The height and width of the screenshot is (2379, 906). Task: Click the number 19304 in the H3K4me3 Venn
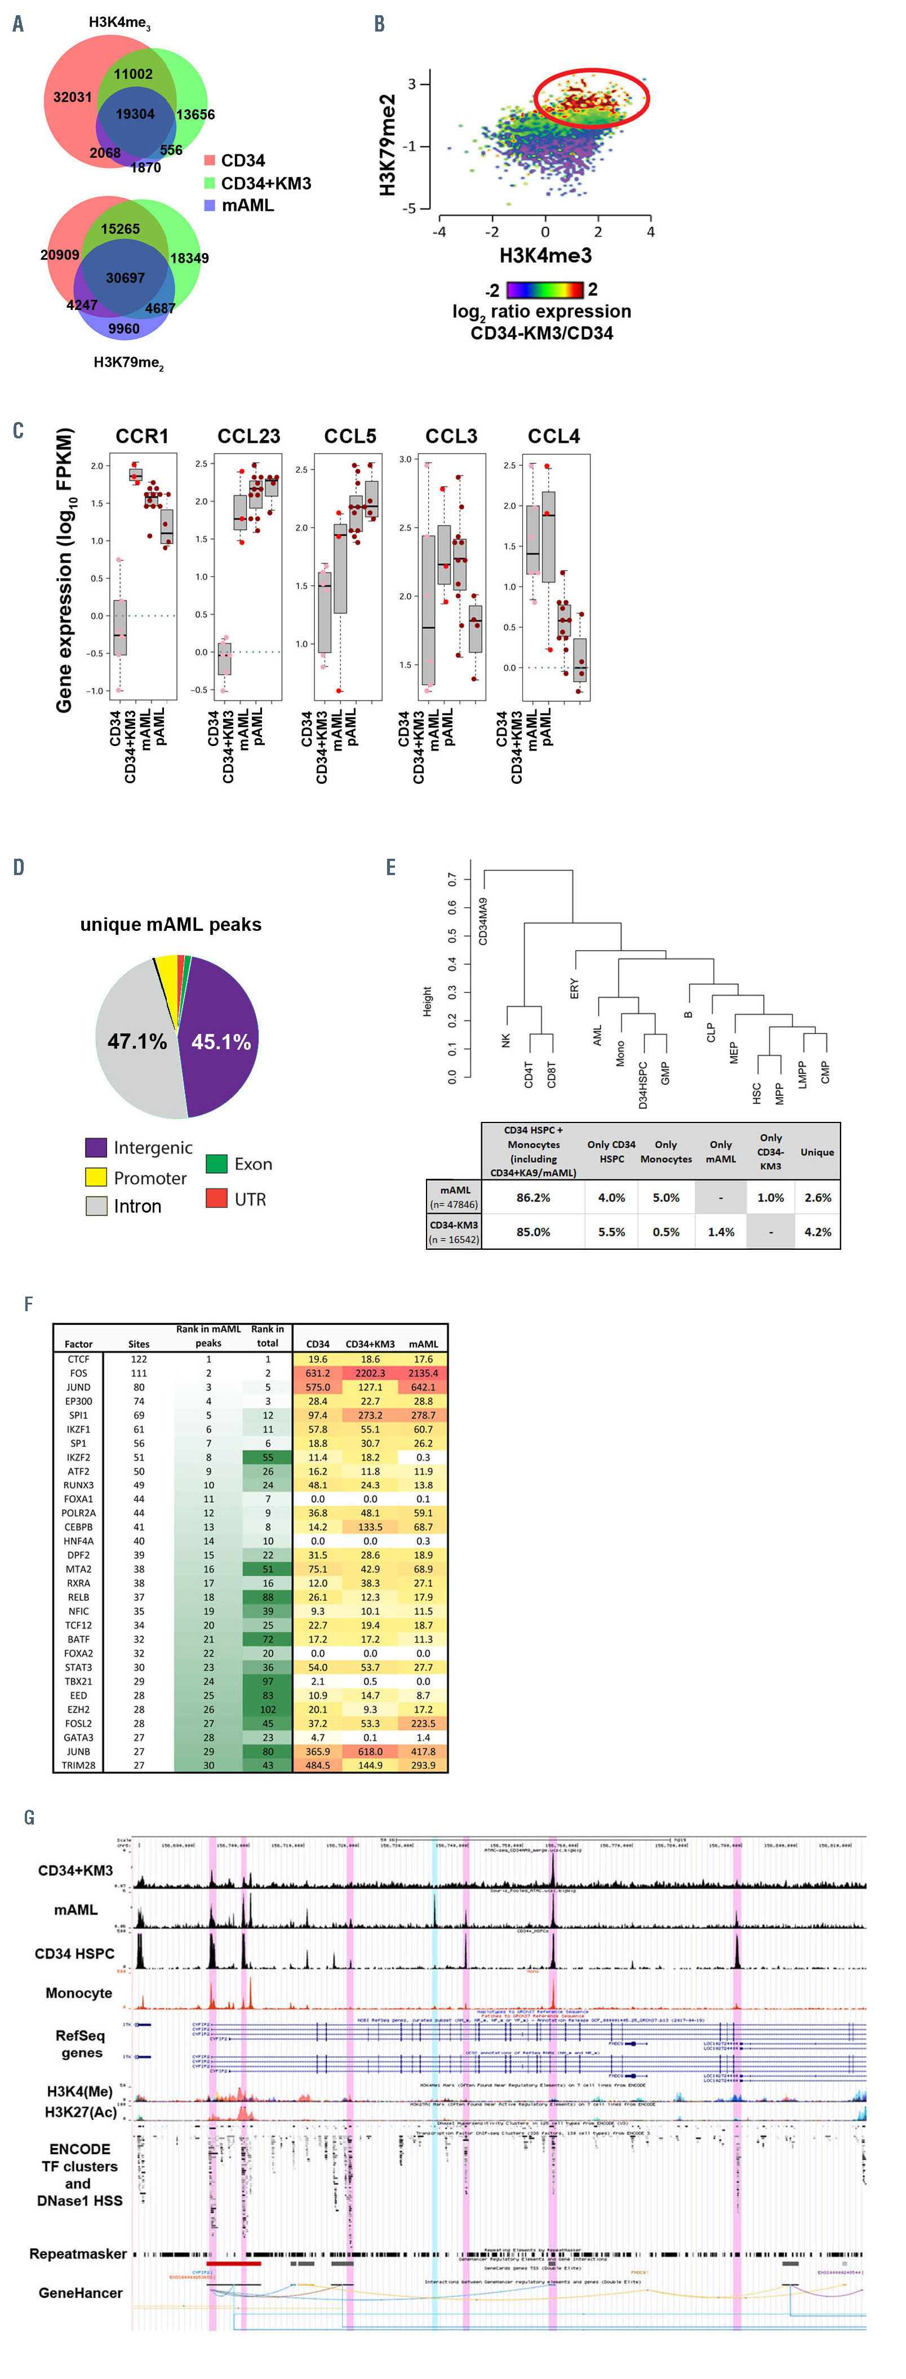pyautogui.click(x=135, y=114)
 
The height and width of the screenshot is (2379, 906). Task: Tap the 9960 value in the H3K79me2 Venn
pyautogui.click(x=124, y=328)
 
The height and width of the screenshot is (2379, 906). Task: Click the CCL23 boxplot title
pyautogui.click(x=248, y=436)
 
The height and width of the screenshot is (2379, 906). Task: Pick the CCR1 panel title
pyautogui.click(x=141, y=436)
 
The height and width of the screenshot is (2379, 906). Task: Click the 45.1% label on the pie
pyautogui.click(x=221, y=1042)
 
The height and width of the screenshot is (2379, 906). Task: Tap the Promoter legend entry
pyautogui.click(x=150, y=1178)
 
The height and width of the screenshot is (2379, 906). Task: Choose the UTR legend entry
pyautogui.click(x=250, y=1199)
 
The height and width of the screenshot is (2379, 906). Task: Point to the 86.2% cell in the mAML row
pyautogui.click(x=533, y=1197)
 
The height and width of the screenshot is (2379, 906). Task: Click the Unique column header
pyautogui.click(x=816, y=1152)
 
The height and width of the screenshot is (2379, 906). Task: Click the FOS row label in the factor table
pyautogui.click(x=78, y=1373)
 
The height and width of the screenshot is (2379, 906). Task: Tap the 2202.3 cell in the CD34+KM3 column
pyautogui.click(x=370, y=1373)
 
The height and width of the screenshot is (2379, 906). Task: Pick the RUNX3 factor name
pyautogui.click(x=78, y=1485)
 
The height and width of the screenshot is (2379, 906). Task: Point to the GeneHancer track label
pyautogui.click(x=81, y=2293)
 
